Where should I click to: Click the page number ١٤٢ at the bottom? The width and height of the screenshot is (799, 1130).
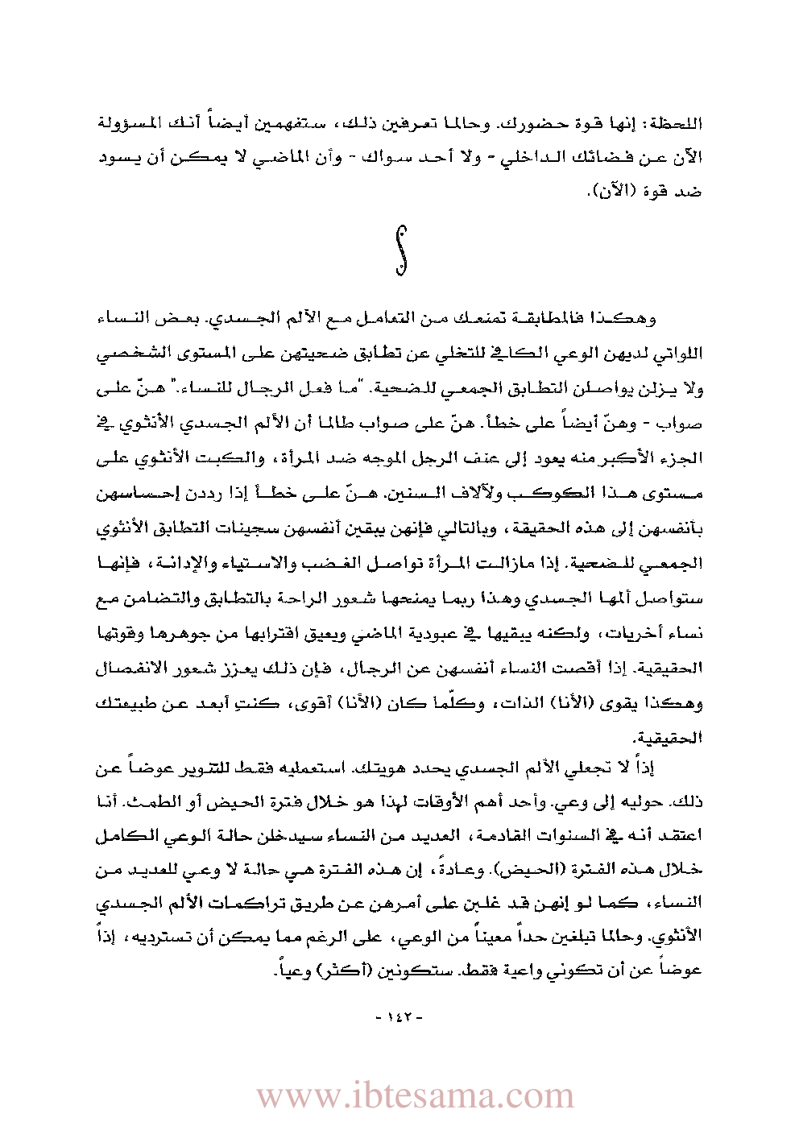(x=399, y=1017)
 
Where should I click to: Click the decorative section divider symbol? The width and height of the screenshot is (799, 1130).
(x=400, y=250)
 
